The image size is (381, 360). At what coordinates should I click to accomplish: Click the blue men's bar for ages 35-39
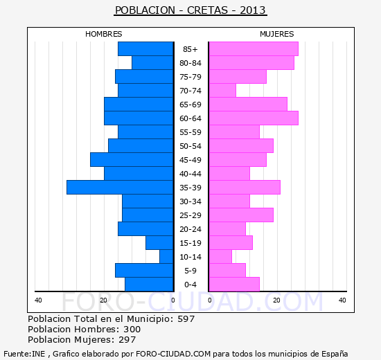point(120,188)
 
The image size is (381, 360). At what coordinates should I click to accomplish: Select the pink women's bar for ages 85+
point(254,49)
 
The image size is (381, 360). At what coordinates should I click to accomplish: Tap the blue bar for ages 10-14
point(166,257)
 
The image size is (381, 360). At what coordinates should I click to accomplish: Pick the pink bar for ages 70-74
point(222,91)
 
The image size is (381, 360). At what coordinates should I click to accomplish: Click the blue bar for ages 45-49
point(132,160)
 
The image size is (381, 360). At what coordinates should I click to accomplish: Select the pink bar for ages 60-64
point(254,118)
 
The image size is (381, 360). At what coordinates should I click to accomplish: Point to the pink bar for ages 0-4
point(234,285)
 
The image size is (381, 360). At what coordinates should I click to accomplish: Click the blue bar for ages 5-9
point(144,271)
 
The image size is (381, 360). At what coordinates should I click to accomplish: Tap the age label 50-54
point(190,146)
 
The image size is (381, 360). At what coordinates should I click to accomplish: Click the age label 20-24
point(190,229)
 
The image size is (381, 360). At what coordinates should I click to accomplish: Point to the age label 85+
point(190,49)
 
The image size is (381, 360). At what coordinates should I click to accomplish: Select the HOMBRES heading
point(104,34)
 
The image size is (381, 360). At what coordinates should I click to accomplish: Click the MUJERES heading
point(277,34)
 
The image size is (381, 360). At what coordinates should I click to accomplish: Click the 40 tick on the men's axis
point(38,300)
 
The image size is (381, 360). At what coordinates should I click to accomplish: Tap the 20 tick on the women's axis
point(276,300)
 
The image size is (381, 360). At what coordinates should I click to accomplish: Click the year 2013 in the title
point(253,10)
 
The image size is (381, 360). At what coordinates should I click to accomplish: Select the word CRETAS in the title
point(208,10)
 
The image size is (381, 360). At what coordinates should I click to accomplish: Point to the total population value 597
point(186,318)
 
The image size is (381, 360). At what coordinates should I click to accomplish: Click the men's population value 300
point(132,329)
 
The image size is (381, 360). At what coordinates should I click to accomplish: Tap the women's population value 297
point(127,340)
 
